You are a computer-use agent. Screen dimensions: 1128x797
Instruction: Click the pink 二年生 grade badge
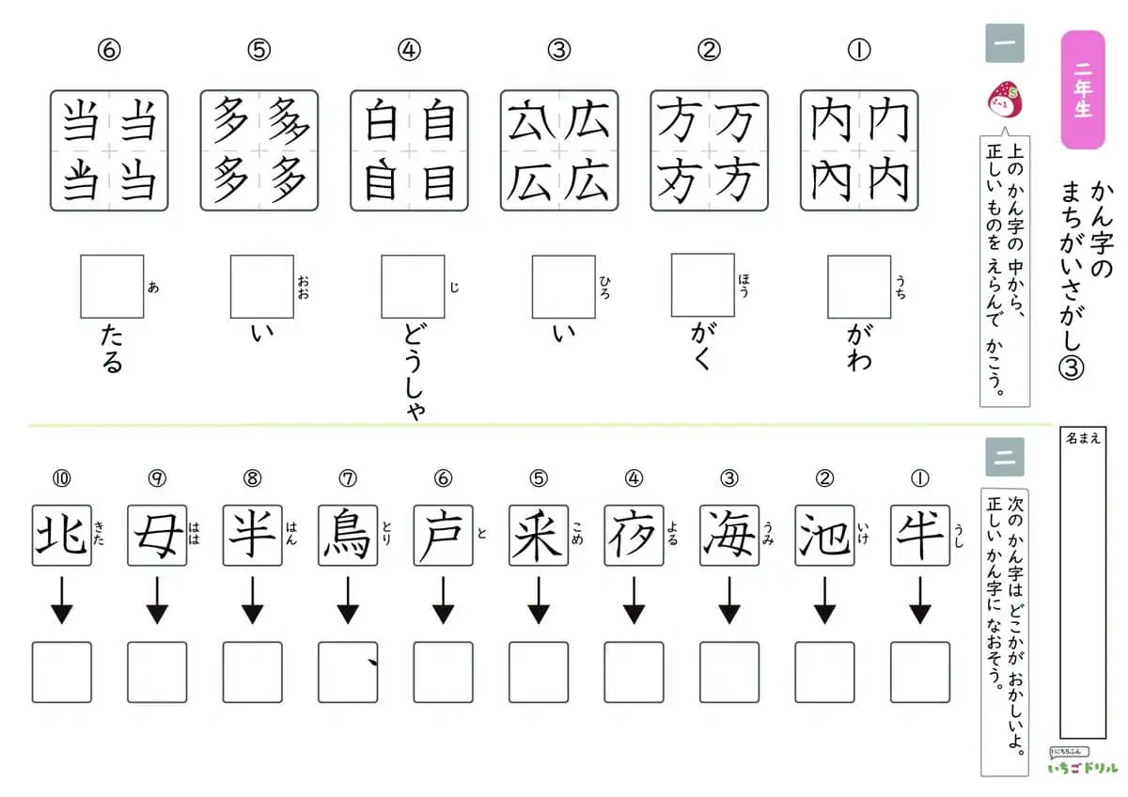click(x=1083, y=89)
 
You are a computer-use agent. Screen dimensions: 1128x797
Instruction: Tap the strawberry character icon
click(x=1004, y=100)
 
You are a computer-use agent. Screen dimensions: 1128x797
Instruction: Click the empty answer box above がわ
click(x=859, y=287)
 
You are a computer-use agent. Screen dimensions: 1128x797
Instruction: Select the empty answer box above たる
click(x=112, y=287)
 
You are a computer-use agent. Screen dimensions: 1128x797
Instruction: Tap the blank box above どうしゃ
click(x=413, y=287)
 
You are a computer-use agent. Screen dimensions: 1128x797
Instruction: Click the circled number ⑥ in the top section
click(x=109, y=50)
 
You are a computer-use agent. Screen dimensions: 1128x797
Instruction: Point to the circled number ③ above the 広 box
click(x=559, y=50)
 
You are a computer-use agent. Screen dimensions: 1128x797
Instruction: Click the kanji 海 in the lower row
click(x=729, y=535)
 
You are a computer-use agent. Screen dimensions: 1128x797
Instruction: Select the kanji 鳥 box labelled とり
click(x=348, y=535)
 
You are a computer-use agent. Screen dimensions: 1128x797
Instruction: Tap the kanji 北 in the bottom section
click(x=61, y=535)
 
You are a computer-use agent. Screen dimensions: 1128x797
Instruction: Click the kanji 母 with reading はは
click(x=157, y=535)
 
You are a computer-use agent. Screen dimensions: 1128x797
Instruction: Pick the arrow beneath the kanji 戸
click(x=443, y=601)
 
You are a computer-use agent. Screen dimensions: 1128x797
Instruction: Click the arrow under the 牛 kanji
click(x=920, y=601)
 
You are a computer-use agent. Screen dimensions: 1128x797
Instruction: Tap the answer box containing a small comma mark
click(x=348, y=672)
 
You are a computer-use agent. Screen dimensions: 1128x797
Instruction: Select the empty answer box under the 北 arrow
click(x=61, y=672)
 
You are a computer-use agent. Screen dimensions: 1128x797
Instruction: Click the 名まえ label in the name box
click(x=1083, y=439)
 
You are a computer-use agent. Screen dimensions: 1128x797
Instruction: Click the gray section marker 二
click(x=1005, y=457)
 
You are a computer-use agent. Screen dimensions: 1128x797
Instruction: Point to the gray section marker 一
click(x=1005, y=43)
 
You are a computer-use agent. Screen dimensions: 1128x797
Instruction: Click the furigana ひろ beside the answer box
click(x=604, y=287)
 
